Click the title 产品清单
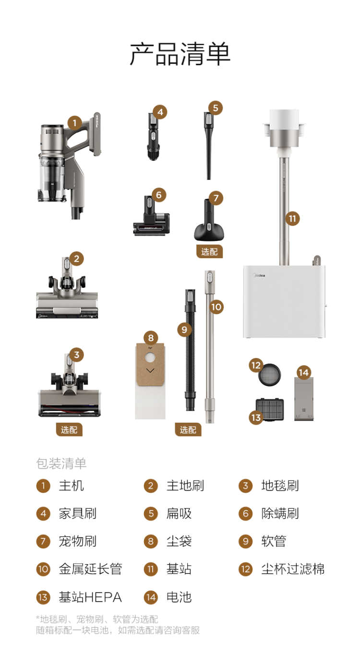click(180, 54)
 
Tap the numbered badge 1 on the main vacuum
click(75, 123)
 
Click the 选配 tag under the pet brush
click(209, 251)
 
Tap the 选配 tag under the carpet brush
click(69, 429)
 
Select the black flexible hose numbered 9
click(190, 350)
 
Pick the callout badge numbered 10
click(216, 307)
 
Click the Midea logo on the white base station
click(260, 275)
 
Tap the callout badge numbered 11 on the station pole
click(292, 219)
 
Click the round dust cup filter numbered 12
click(269, 375)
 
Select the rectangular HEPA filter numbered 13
click(269, 410)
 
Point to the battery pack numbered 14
click(304, 399)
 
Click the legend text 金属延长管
click(90, 569)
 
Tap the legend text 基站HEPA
click(90, 597)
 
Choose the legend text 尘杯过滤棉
click(293, 569)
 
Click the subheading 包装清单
click(61, 464)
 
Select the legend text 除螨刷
click(280, 513)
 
